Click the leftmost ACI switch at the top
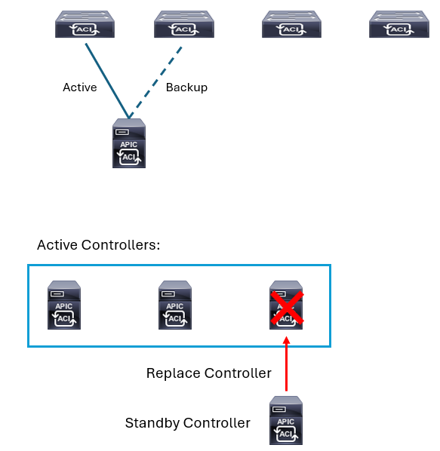[x=85, y=24]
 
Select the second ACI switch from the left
[x=184, y=24]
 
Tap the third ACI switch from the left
[x=291, y=24]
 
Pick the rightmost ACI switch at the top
[x=399, y=24]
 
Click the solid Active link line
[x=107, y=81]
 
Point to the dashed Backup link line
[x=155, y=82]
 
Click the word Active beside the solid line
[x=80, y=87]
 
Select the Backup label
[x=186, y=87]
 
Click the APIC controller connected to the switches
[x=129, y=143]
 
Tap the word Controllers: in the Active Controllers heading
[x=121, y=245]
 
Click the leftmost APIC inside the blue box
[x=64, y=305]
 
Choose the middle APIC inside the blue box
[x=175, y=305]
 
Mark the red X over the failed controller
[x=287, y=308]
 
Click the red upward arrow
[x=286, y=364]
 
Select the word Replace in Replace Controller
[x=174, y=373]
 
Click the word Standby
[x=152, y=423]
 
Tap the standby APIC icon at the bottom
[x=286, y=420]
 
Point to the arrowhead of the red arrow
[x=286, y=340]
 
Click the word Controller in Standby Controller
[x=217, y=423]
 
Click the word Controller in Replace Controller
[x=238, y=373]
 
